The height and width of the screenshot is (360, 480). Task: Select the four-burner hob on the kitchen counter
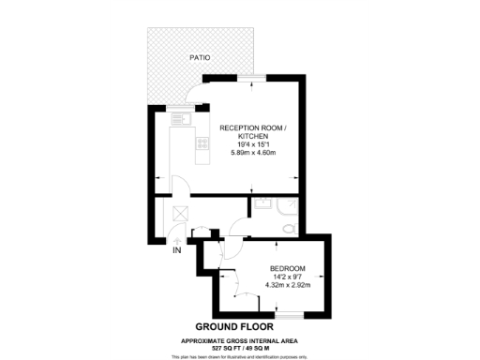(x=200, y=143)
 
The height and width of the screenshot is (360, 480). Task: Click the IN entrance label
(x=175, y=250)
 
